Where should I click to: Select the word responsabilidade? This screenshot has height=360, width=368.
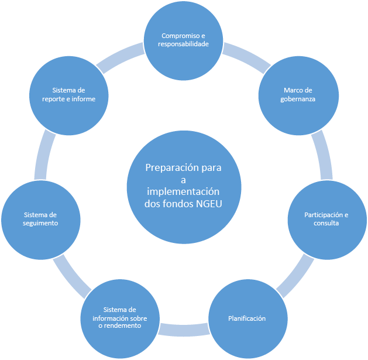(x=183, y=44)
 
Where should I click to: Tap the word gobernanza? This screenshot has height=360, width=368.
(x=298, y=100)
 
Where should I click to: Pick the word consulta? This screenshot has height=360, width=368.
(x=326, y=223)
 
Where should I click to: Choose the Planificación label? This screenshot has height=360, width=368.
(x=247, y=318)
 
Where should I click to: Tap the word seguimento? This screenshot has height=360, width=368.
(x=40, y=224)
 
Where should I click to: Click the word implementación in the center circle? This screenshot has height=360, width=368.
(x=183, y=191)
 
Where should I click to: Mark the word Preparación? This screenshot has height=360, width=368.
(x=171, y=168)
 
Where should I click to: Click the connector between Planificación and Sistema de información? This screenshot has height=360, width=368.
(x=184, y=330)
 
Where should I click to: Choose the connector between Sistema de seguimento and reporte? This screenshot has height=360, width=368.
(x=44, y=155)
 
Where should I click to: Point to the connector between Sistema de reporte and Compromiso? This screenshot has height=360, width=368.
(x=120, y=57)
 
